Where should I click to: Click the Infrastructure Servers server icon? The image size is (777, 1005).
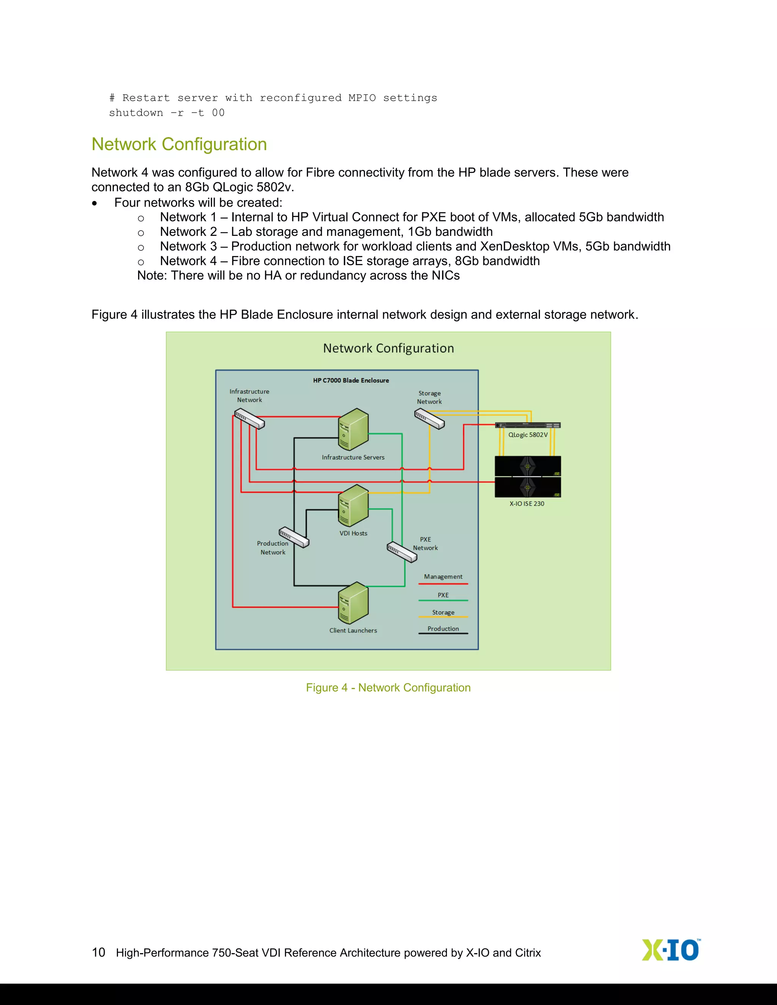point(353,429)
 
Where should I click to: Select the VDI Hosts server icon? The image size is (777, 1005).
point(353,505)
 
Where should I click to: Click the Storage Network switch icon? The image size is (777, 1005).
point(429,419)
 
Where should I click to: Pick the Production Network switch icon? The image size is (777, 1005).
point(294,537)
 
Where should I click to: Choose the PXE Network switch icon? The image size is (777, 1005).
point(402,552)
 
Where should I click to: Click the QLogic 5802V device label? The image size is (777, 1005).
point(528,435)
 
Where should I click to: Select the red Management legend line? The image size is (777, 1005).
point(443,584)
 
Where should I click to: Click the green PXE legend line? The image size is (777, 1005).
point(443,600)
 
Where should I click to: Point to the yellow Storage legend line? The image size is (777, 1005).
point(443,617)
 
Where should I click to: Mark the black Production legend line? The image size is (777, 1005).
point(443,634)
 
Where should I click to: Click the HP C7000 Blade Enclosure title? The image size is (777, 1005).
point(351,380)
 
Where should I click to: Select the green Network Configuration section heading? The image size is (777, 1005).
point(179,144)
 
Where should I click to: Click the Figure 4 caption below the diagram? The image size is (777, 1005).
point(388,688)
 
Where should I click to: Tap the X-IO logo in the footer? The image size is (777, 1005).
point(671,950)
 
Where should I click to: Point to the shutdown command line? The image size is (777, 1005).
point(167,113)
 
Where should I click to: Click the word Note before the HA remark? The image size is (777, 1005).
point(152,276)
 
